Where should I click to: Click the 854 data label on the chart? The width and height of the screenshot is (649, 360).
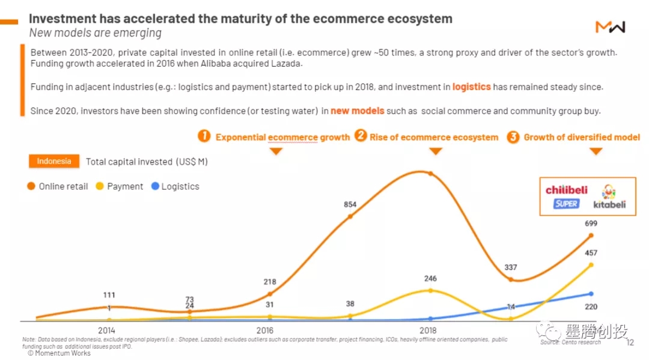click(x=350, y=204)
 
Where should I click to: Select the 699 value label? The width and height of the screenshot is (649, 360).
click(x=590, y=224)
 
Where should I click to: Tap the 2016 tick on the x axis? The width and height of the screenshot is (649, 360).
click(x=265, y=330)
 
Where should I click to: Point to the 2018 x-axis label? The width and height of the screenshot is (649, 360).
click(x=428, y=330)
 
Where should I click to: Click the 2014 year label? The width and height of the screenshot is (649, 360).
click(x=106, y=330)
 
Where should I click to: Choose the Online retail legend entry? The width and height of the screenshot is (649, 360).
click(x=58, y=186)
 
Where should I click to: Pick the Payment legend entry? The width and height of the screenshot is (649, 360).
click(x=120, y=186)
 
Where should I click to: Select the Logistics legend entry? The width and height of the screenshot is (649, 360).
click(x=175, y=186)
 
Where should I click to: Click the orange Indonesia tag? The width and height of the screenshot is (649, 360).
click(x=54, y=161)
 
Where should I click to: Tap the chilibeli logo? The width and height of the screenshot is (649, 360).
click(x=566, y=190)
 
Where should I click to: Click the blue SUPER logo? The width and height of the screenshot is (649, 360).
click(x=566, y=204)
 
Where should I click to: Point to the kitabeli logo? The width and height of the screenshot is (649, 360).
click(x=609, y=197)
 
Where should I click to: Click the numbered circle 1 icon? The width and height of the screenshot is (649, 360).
click(x=204, y=136)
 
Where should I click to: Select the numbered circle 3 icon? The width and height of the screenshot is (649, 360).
click(x=513, y=137)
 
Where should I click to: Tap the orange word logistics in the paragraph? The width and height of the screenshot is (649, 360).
click(x=472, y=87)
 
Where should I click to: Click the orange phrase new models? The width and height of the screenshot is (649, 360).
click(x=358, y=111)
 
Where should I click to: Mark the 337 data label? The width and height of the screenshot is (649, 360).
click(x=510, y=267)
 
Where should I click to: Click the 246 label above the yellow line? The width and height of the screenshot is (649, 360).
click(x=430, y=279)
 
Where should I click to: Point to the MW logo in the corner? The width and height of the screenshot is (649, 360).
click(x=610, y=26)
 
